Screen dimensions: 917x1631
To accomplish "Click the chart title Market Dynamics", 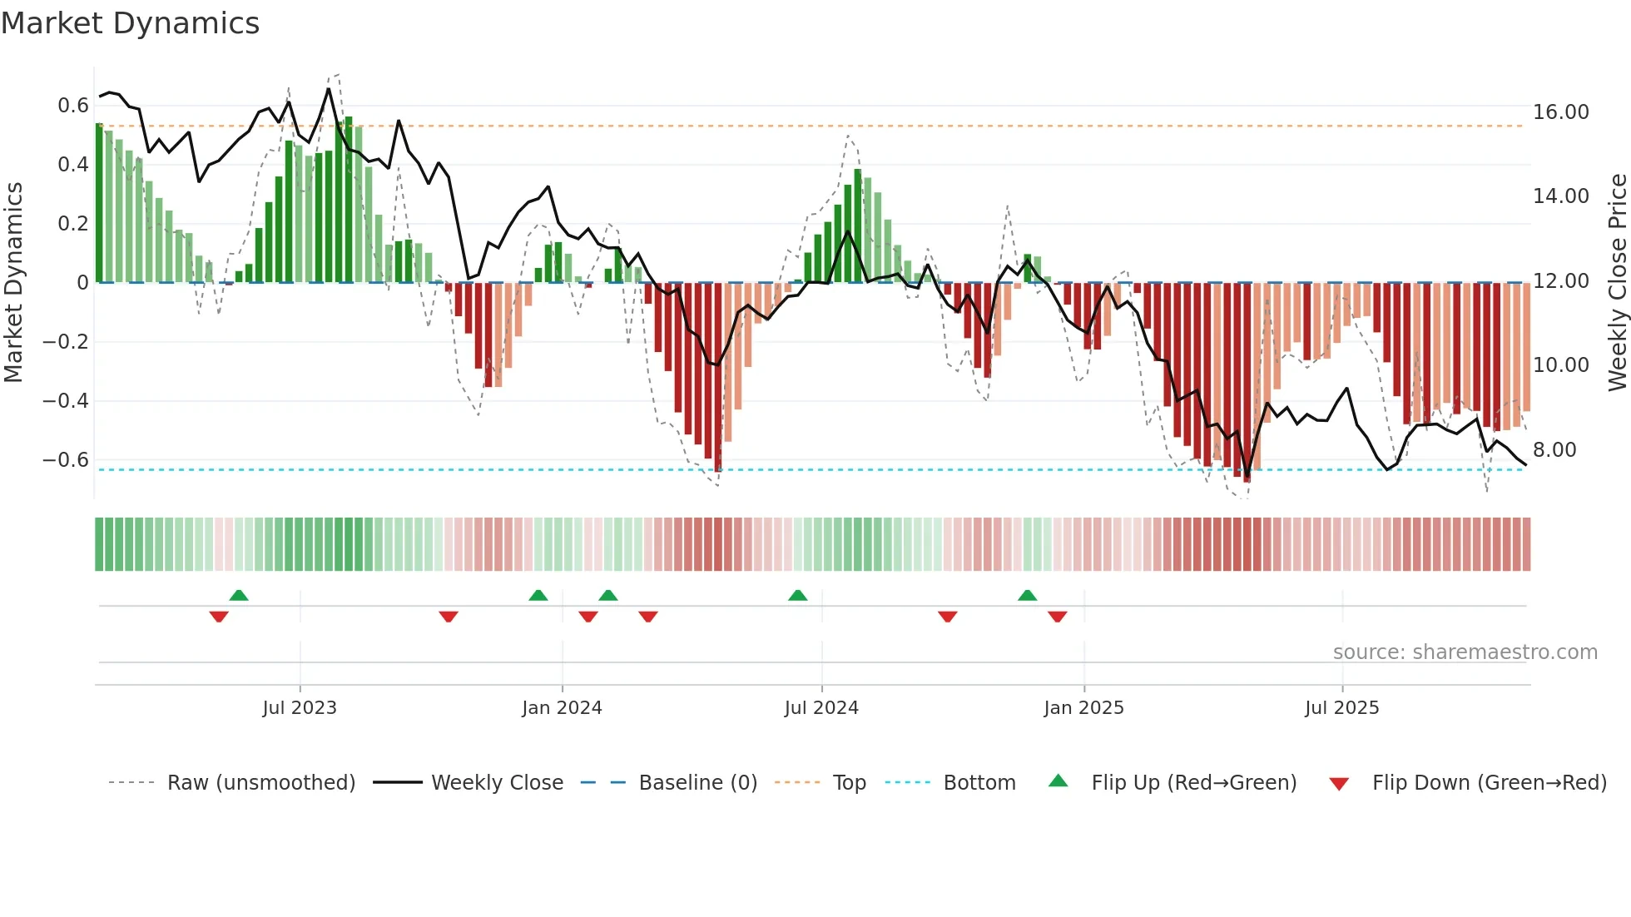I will pos(130,23).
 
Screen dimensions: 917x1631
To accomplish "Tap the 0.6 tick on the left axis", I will pos(73,106).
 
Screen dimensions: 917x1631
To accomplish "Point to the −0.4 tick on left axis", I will pos(66,401).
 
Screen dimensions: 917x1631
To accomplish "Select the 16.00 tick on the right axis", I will pos(1560,112).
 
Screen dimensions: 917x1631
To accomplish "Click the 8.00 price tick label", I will pos(1554,450).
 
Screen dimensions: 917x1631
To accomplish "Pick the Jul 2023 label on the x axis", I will pos(300,708).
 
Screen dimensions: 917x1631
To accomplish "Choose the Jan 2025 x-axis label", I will pos(1083,708).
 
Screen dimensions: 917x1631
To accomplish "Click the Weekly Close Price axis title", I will pos(1617,282).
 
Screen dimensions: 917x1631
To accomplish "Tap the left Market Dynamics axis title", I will pos(13,282).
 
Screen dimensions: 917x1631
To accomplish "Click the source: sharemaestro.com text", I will pos(1465,652).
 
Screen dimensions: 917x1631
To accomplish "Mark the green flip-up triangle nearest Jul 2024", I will pos(797,596).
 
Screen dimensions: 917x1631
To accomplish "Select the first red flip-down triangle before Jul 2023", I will pos(219,617).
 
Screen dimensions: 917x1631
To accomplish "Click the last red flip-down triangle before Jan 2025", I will pos(1057,617).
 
